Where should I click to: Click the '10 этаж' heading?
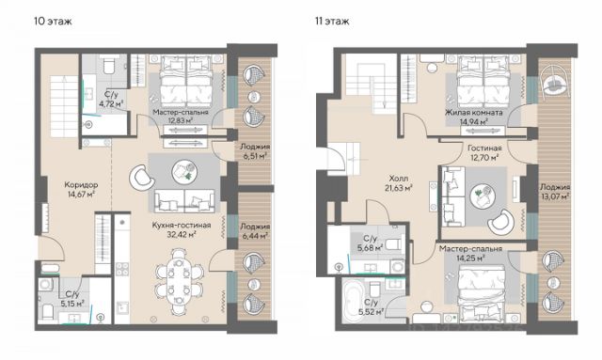[53, 21]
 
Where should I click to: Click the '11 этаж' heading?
[332, 21]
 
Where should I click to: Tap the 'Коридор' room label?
[81, 185]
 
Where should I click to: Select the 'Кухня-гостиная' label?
[182, 226]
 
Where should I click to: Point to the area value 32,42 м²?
[182, 234]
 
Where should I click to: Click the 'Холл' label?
[399, 179]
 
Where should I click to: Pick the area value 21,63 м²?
[399, 188]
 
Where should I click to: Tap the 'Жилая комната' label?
[474, 113]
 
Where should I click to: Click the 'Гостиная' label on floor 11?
[484, 149]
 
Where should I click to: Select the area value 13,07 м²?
[555, 196]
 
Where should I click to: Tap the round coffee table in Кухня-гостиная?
[184, 171]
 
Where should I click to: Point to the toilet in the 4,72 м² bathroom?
[109, 65]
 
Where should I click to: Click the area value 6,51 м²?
[253, 156]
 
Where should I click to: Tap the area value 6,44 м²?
[254, 236]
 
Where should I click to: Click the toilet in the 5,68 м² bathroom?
[392, 243]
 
